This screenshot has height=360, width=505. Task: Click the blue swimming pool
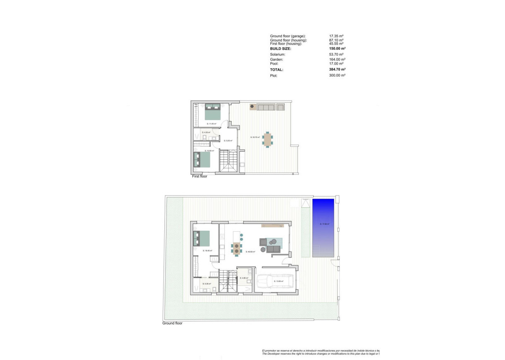323,228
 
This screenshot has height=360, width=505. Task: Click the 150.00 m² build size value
337,49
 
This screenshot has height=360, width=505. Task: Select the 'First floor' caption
200,176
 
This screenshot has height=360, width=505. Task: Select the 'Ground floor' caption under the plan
172,324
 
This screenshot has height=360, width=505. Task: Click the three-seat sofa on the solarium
266,107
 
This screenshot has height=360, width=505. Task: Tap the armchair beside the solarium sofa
281,107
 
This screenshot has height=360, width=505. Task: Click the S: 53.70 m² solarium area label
255,137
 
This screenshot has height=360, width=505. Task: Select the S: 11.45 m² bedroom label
212,124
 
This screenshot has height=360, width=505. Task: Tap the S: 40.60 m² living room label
250,251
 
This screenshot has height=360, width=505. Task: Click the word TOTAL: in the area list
277,70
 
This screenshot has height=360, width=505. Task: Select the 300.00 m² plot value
337,76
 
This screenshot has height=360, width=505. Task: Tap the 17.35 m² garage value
337,36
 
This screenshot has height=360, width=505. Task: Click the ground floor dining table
236,248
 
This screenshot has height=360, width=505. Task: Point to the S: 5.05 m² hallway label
228,141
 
